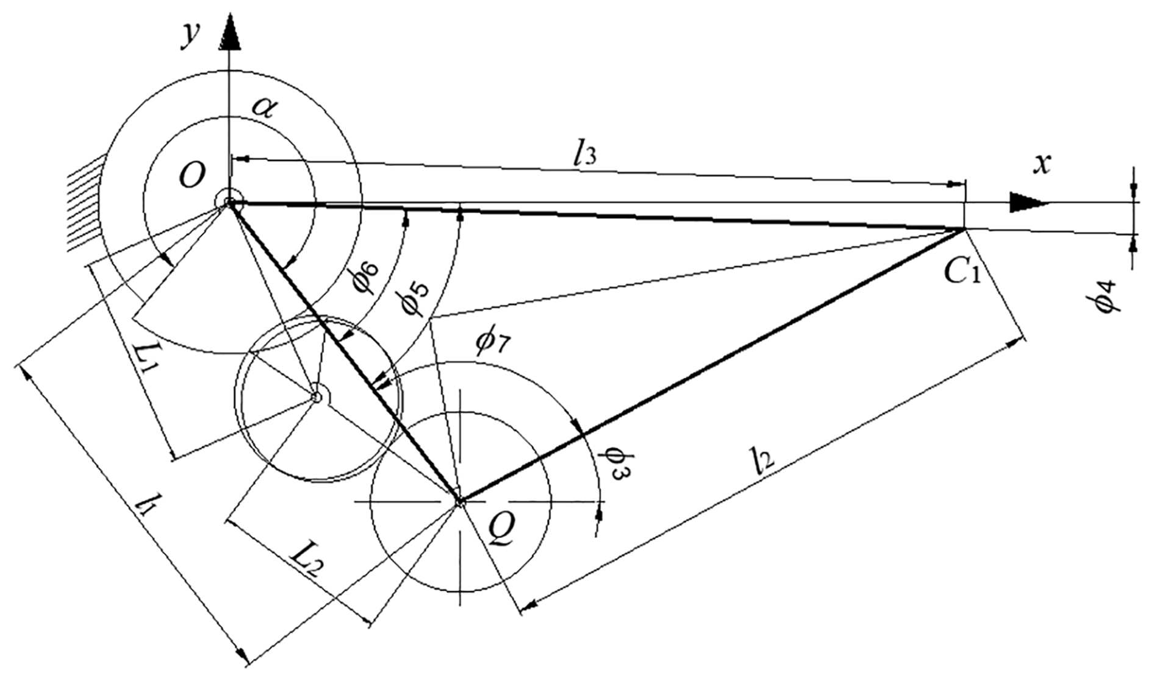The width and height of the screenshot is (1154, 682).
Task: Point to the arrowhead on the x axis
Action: pyautogui.click(x=1028, y=203)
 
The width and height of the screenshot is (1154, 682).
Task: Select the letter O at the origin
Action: pyautogui.click(x=192, y=177)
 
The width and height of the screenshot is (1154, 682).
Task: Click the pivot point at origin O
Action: pyautogui.click(x=229, y=203)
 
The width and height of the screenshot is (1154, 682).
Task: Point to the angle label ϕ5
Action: pyautogui.click(x=417, y=298)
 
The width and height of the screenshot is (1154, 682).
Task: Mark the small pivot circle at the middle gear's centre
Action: pyautogui.click(x=316, y=397)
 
